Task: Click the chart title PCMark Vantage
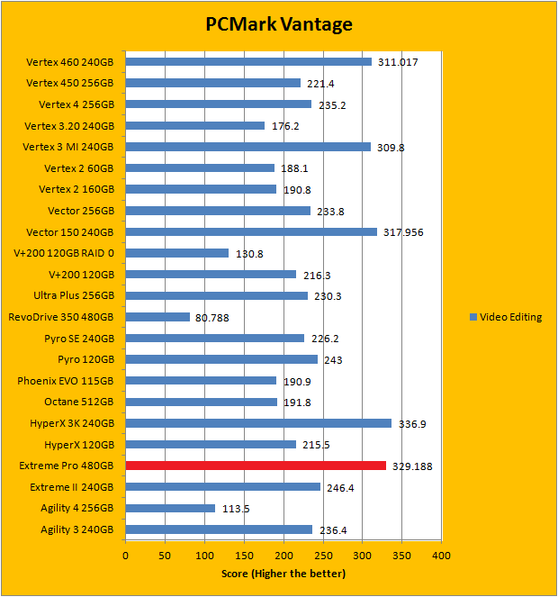pyautogui.click(x=278, y=24)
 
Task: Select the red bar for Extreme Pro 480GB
pyautogui.click(x=256, y=466)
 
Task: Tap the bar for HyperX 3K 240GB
pyautogui.click(x=258, y=423)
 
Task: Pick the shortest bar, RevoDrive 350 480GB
pyautogui.click(x=157, y=317)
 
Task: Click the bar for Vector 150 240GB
pyautogui.click(x=251, y=231)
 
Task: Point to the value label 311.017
pyautogui.click(x=397, y=62)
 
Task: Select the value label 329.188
pyautogui.click(x=412, y=466)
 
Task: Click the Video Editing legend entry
pyautogui.click(x=510, y=317)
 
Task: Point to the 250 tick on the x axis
pyautogui.click(x=322, y=556)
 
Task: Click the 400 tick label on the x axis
pyautogui.click(x=441, y=556)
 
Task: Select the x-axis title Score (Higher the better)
pyautogui.click(x=283, y=574)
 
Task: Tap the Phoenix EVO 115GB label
pyautogui.click(x=66, y=381)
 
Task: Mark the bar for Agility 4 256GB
pyautogui.click(x=170, y=508)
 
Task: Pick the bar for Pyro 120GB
pyautogui.click(x=221, y=359)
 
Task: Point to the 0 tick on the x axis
pyautogui.click(x=125, y=556)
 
